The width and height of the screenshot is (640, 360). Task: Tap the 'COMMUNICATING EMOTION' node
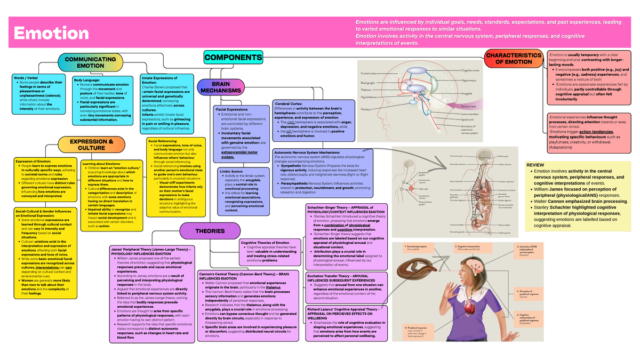pyautogui.click(x=90, y=62)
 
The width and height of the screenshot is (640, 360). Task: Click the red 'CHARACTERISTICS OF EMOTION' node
pyautogui.click(x=516, y=59)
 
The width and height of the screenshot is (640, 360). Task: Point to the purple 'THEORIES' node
pyautogui.click(x=210, y=231)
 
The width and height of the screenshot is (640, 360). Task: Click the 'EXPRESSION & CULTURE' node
pyautogui.click(x=91, y=145)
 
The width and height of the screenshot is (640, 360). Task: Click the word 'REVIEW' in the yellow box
pyautogui.click(x=535, y=165)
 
